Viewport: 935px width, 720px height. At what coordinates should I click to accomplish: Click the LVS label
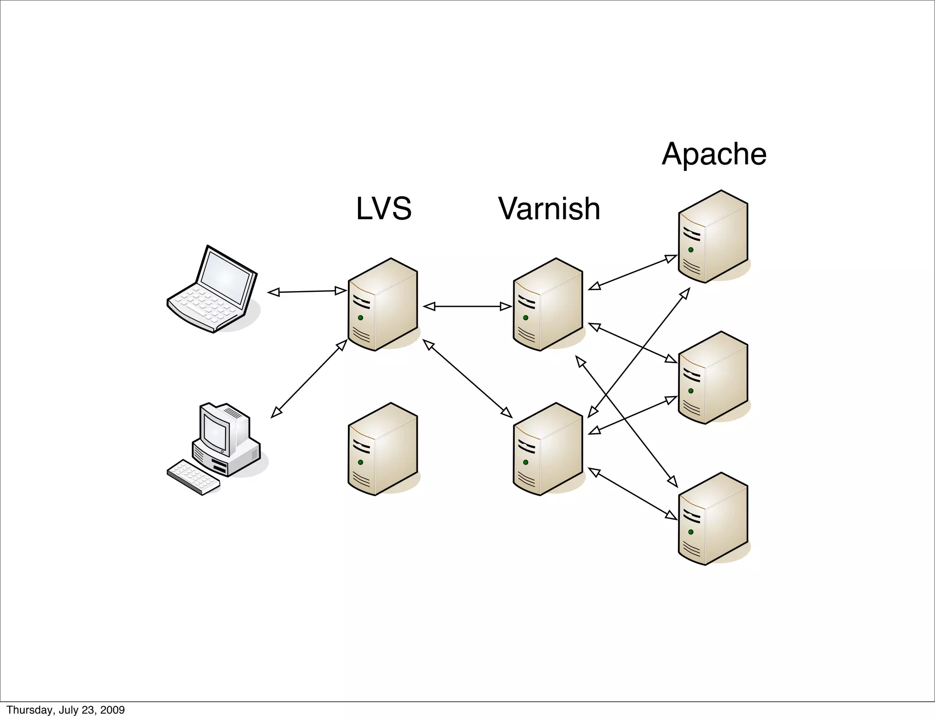[x=383, y=208]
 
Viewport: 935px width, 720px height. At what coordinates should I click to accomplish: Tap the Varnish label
[x=549, y=208]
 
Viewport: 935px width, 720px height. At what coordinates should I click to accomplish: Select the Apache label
[x=714, y=154]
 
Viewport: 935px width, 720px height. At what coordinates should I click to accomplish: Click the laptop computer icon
[x=213, y=290]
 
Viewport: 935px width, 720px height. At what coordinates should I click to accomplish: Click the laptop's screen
[x=226, y=277]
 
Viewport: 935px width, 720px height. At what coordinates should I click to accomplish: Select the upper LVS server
[x=383, y=305]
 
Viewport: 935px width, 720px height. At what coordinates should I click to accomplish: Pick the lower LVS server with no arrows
[x=383, y=450]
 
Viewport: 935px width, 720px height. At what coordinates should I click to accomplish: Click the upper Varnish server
[x=548, y=305]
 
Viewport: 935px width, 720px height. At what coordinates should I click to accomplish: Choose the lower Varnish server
[x=548, y=450]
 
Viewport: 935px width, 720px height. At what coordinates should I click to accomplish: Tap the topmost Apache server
[x=713, y=237]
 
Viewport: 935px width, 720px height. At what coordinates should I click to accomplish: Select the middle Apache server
[x=713, y=378]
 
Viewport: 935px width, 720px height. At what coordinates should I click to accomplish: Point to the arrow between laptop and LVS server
[x=307, y=291]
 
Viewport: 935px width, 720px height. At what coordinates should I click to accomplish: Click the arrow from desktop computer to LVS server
[x=309, y=378]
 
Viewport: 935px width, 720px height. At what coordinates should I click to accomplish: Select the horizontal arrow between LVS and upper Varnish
[x=467, y=307]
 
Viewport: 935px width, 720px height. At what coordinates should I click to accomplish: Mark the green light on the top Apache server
[x=691, y=250]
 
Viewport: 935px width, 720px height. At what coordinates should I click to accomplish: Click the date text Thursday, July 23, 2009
[x=65, y=710]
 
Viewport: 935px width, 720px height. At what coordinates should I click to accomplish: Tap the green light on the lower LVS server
[x=361, y=462]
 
